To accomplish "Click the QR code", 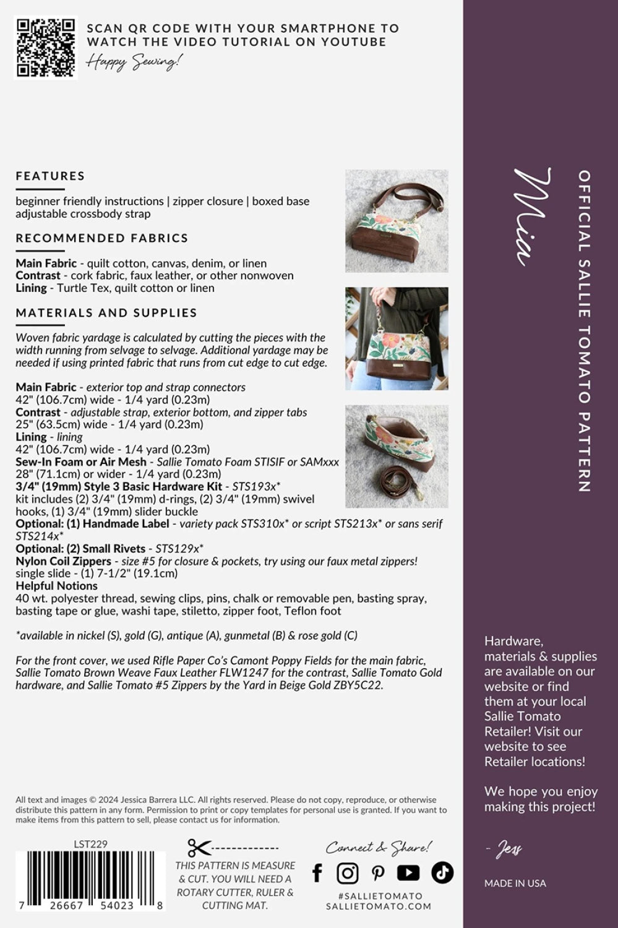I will click(x=46, y=48).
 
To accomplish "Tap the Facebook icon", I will click(x=317, y=872).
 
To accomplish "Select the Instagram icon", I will click(x=348, y=873).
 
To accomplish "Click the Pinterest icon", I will click(x=378, y=873).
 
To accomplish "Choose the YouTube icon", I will click(x=408, y=873).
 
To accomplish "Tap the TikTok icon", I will click(x=442, y=872).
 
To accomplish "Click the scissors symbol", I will click(x=199, y=848).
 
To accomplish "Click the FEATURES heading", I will click(x=50, y=176).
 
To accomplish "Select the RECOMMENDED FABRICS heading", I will click(x=101, y=238).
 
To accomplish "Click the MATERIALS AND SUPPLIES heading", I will click(x=106, y=313).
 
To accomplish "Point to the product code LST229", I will click(x=90, y=843).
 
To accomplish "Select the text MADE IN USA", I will click(x=515, y=883).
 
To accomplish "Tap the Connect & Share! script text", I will click(x=379, y=847).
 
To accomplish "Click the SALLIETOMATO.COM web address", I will click(x=379, y=906).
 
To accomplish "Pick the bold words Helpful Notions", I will click(x=56, y=586).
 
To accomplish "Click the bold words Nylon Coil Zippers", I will click(x=63, y=561).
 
